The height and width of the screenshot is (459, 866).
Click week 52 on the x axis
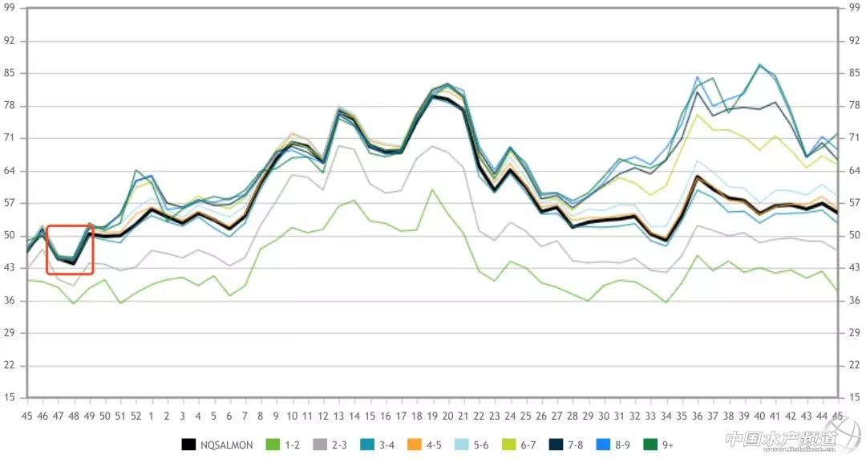pyautogui.click(x=136, y=416)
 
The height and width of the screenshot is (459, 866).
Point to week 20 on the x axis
pyautogui.click(x=447, y=416)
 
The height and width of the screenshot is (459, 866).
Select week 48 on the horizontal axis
pyautogui.click(x=74, y=416)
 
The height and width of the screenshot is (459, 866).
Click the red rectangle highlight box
pyautogui.click(x=71, y=250)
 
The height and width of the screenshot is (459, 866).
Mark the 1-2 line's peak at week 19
pyautogui.click(x=432, y=189)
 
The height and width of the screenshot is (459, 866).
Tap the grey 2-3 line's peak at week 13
pyautogui.click(x=339, y=146)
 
